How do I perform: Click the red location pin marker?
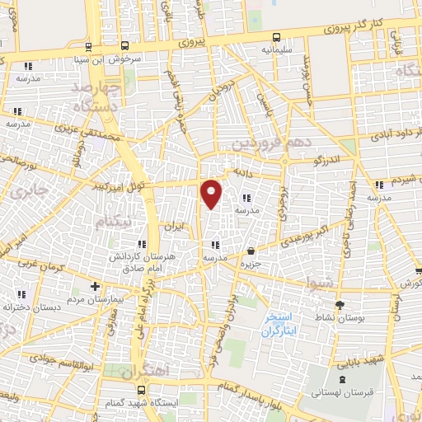click(212, 194)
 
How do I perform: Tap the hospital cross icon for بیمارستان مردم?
click(96, 287)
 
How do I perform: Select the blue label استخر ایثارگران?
click(284, 326)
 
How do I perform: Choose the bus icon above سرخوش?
click(124, 46)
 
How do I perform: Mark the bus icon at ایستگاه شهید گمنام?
click(142, 389)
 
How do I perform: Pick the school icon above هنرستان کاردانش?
click(142, 245)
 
